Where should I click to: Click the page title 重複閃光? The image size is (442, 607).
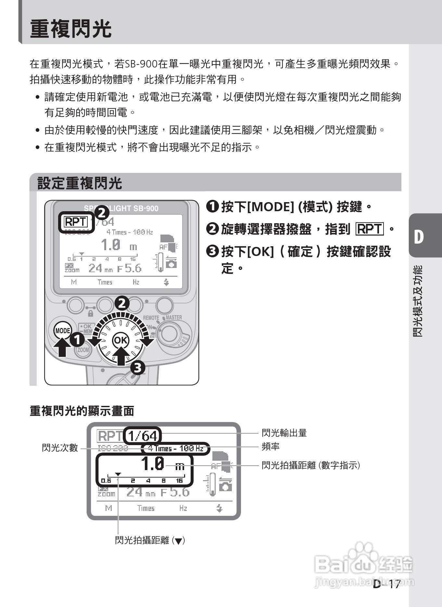click(x=70, y=29)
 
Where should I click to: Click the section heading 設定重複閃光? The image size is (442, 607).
click(x=80, y=183)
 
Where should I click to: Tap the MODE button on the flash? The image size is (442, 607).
click(x=63, y=331)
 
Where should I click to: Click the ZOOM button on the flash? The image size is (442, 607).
click(x=83, y=350)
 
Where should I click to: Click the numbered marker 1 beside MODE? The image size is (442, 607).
click(x=77, y=340)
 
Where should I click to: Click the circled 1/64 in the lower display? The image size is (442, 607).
click(x=143, y=436)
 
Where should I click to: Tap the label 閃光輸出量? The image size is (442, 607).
click(x=284, y=433)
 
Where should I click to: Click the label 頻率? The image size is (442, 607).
click(x=271, y=447)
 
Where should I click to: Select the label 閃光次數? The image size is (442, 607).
click(x=60, y=448)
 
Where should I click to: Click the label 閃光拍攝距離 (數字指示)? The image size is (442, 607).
click(x=311, y=466)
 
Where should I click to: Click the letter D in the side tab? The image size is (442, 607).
click(x=419, y=237)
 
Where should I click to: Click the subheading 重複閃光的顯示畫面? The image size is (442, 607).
click(x=82, y=411)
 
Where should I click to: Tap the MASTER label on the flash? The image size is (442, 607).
click(x=174, y=317)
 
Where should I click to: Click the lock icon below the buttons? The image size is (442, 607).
click(x=91, y=313)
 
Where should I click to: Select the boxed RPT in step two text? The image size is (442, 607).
click(x=370, y=229)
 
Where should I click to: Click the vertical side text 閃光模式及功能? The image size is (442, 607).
click(x=418, y=301)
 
